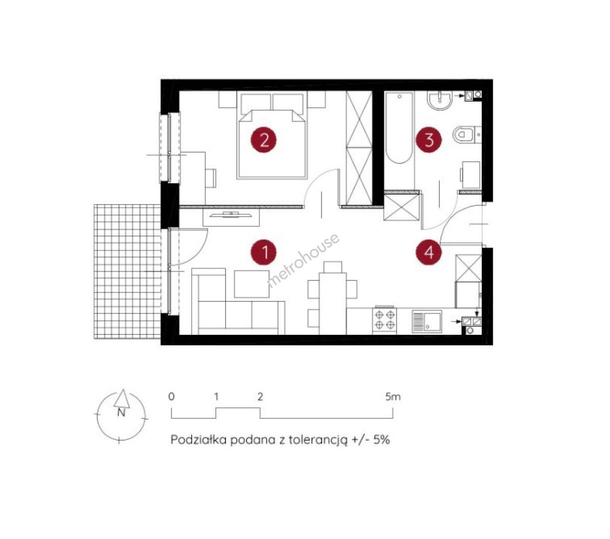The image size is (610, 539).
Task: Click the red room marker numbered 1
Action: point(264,252)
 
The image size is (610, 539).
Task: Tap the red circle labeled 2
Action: point(264,140)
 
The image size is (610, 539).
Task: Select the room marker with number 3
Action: point(428,140)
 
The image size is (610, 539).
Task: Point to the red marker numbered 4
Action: point(428,252)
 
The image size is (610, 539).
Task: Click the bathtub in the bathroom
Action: point(399,128)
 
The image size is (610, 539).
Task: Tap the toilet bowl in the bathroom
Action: point(466,135)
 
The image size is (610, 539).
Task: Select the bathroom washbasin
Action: point(440,101)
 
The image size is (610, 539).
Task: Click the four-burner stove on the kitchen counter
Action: point(384,320)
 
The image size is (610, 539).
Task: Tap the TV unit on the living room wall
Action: point(231,216)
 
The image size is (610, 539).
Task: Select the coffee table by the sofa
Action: point(252,284)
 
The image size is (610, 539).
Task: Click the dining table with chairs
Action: point(332,298)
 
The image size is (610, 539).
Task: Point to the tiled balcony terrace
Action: point(127,271)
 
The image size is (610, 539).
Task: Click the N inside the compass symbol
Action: point(121,413)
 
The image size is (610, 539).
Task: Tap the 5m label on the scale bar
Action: point(393,397)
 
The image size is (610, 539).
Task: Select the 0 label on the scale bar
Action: point(171,397)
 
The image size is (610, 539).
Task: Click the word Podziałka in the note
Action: point(199,440)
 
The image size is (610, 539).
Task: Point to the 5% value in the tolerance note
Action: point(381,440)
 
